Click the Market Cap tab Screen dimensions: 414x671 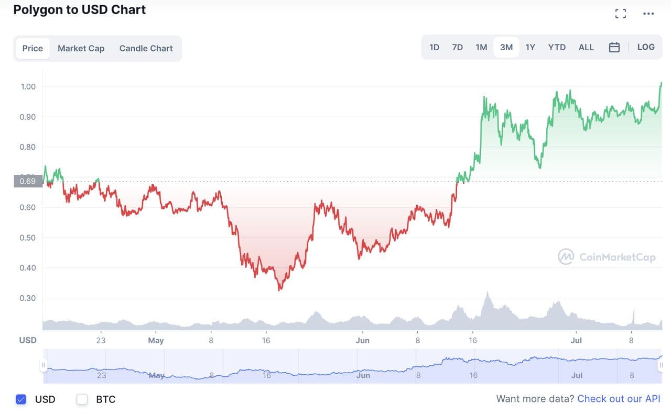coord(81,48)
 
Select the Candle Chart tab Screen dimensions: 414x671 coord(146,48)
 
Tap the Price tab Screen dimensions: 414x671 coord(33,48)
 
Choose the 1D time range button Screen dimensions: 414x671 coord(434,47)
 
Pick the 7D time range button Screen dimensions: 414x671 coord(457,47)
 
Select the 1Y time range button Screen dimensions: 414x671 coord(530,47)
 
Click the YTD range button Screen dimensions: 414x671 coord(557,47)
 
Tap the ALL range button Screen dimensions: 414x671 coord(586,47)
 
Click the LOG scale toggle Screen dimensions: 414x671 coord(646,47)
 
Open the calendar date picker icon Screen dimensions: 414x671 coord(614,47)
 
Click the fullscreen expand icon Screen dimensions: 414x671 coord(621,14)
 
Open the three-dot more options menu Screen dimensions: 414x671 coord(648,14)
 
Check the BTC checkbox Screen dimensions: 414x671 coord(82,399)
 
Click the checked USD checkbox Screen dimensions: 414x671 coord(21,399)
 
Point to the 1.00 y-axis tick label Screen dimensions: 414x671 coord(28,86)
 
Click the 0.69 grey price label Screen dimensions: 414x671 coord(27,181)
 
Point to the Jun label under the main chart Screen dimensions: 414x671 coord(362,340)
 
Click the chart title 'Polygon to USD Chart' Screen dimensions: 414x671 coord(80,9)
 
